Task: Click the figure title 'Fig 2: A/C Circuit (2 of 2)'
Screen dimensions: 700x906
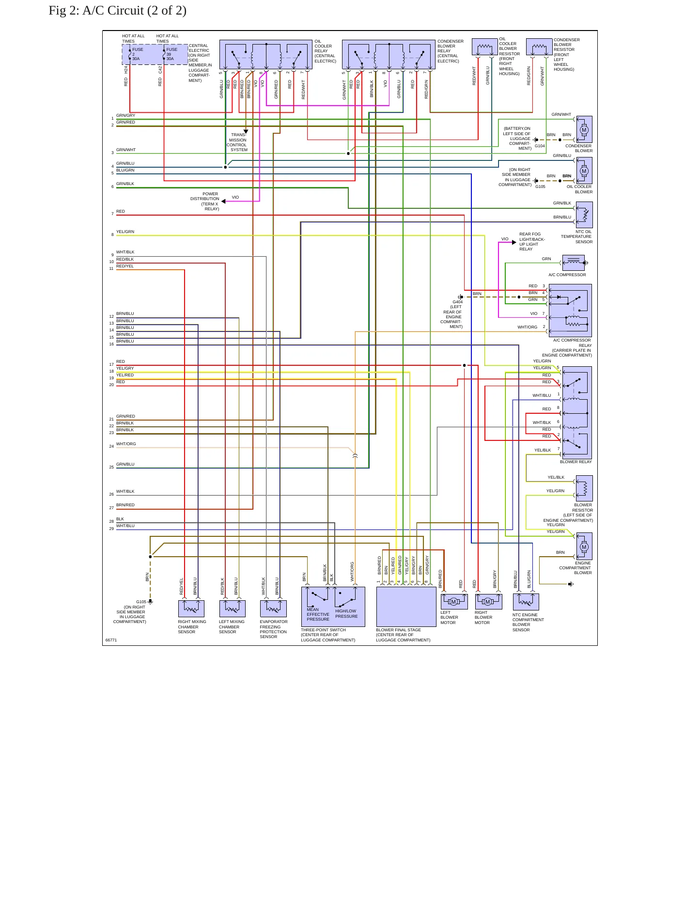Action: coord(118,11)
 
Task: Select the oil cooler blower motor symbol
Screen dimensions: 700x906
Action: coord(584,171)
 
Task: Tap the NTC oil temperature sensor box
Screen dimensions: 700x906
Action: coord(584,215)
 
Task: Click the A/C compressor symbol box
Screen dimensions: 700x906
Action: coord(574,263)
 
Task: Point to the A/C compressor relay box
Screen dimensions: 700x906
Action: coord(570,311)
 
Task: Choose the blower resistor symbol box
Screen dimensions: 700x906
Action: coord(584,488)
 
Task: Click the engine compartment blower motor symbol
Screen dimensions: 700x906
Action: coord(584,547)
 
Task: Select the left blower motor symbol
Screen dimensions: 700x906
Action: coord(454,602)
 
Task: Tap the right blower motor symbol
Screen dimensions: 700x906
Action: coord(488,602)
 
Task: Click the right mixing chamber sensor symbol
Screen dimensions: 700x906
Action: coord(191,609)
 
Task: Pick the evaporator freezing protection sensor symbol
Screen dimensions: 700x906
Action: coord(273,609)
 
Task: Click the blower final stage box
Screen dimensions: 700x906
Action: coord(406,607)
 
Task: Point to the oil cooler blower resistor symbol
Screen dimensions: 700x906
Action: coord(485,47)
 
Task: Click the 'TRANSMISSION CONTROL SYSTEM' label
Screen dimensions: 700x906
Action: coord(237,142)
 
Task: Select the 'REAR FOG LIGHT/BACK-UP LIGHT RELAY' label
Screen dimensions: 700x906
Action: coord(532,241)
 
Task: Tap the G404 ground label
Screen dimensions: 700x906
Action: coord(457,302)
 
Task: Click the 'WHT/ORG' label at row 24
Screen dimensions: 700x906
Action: coord(126,444)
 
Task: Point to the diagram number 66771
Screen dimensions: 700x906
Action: coord(111,640)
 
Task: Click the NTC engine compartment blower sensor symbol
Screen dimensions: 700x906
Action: coord(526,602)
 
